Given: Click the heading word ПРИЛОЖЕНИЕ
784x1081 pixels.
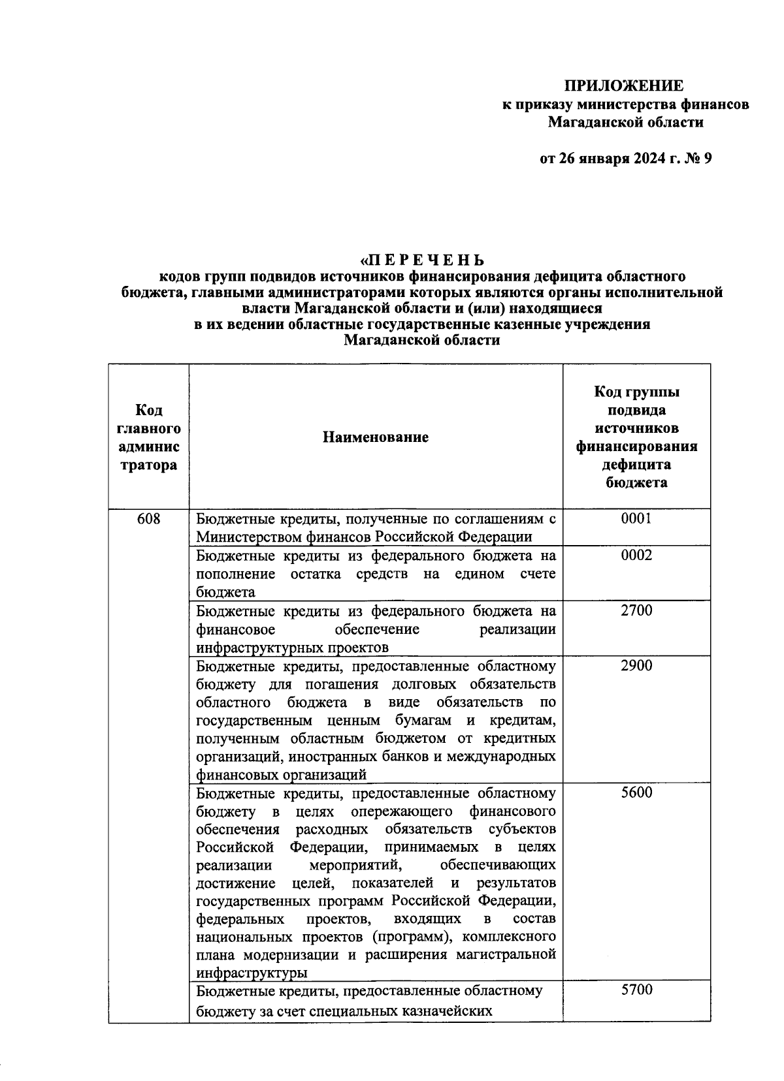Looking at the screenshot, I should (x=624, y=86).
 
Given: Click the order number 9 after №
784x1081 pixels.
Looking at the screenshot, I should (x=706, y=159).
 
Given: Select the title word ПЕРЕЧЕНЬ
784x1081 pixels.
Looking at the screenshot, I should (x=429, y=260).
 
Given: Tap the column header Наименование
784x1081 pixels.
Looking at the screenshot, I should (x=376, y=437).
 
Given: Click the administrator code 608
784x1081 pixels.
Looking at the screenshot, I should (x=148, y=519).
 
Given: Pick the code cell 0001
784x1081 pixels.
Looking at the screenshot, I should (x=636, y=519).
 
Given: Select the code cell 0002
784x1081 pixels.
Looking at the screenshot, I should (x=636, y=556).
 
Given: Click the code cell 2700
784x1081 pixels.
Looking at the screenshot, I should (x=636, y=610).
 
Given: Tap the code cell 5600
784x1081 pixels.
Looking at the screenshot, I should (x=636, y=793).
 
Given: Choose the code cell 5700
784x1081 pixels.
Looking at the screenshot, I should (x=636, y=990).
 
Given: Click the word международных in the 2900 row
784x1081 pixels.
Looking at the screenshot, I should (x=498, y=757).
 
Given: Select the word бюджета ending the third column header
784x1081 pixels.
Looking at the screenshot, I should (x=636, y=483).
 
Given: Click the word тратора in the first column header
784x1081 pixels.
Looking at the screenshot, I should (x=148, y=465).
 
